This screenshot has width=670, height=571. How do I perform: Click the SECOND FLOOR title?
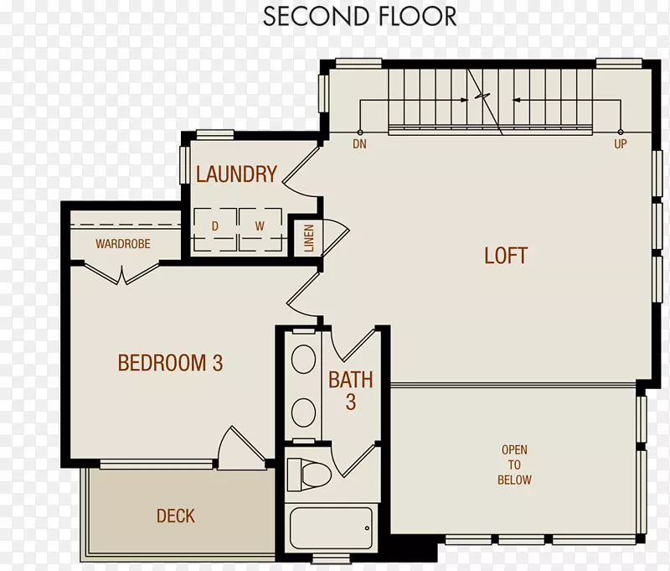(360, 16)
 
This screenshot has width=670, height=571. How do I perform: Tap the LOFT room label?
(506, 256)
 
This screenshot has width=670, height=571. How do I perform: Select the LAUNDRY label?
(236, 174)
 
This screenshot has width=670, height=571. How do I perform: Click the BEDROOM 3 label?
(170, 363)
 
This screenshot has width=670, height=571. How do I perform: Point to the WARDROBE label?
(123, 244)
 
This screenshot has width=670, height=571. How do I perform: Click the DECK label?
(176, 516)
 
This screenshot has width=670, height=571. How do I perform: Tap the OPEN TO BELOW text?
(514, 465)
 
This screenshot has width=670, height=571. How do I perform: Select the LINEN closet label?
(308, 238)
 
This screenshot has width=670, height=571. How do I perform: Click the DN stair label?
(359, 144)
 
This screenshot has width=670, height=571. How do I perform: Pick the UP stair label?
(621, 144)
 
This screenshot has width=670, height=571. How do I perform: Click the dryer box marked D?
(215, 230)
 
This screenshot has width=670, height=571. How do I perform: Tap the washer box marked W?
(260, 230)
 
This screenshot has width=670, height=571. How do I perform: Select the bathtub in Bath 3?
(331, 527)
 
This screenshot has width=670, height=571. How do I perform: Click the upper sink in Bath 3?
(303, 359)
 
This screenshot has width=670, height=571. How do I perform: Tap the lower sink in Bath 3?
(303, 413)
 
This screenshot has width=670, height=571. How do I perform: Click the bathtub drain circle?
(367, 528)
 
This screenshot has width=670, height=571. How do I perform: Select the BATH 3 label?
(351, 391)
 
